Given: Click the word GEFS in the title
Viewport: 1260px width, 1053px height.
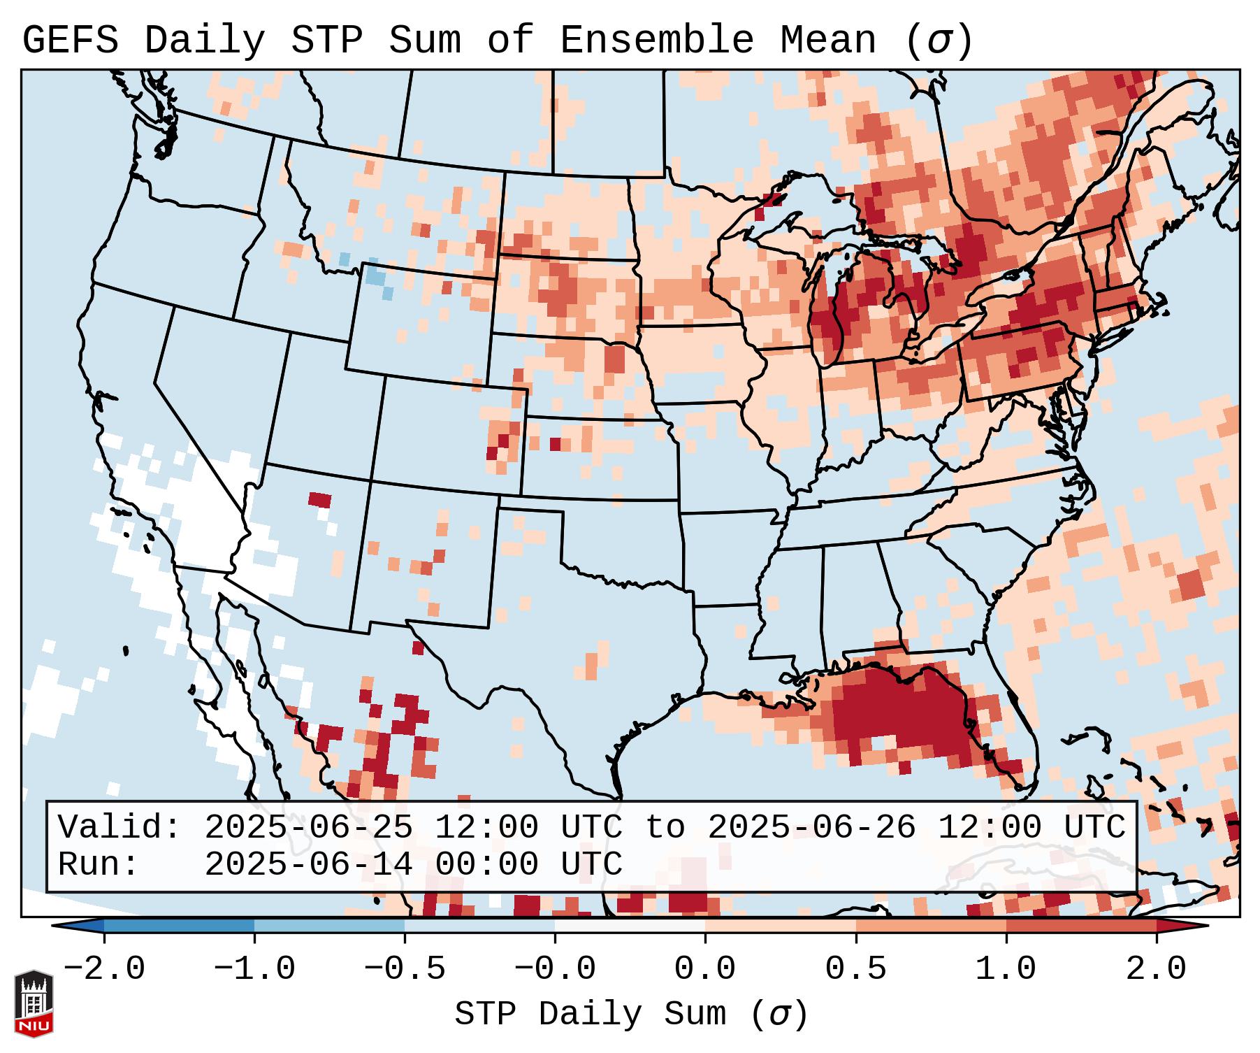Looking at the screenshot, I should point(70,40).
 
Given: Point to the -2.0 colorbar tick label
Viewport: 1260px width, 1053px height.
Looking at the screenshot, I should point(104,970).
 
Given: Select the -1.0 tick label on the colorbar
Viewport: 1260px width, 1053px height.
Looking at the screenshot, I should point(254,970).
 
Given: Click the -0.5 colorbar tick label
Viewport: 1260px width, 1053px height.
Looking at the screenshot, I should point(405,970).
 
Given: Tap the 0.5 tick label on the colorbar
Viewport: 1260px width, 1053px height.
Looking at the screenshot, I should point(855,970).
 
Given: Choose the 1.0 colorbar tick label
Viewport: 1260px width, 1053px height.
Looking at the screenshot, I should point(1006,970).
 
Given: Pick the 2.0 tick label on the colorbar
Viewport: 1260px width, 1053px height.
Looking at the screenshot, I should point(1156,970).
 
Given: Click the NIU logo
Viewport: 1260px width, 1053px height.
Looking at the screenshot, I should point(34,1003).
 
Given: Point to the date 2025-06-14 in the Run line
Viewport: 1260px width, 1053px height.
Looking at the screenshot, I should point(308,864).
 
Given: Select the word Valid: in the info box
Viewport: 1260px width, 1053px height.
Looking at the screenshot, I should point(120,827).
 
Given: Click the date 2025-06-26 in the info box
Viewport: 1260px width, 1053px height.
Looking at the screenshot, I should point(811,827).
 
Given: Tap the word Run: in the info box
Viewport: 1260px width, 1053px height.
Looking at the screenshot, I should point(99,864).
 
